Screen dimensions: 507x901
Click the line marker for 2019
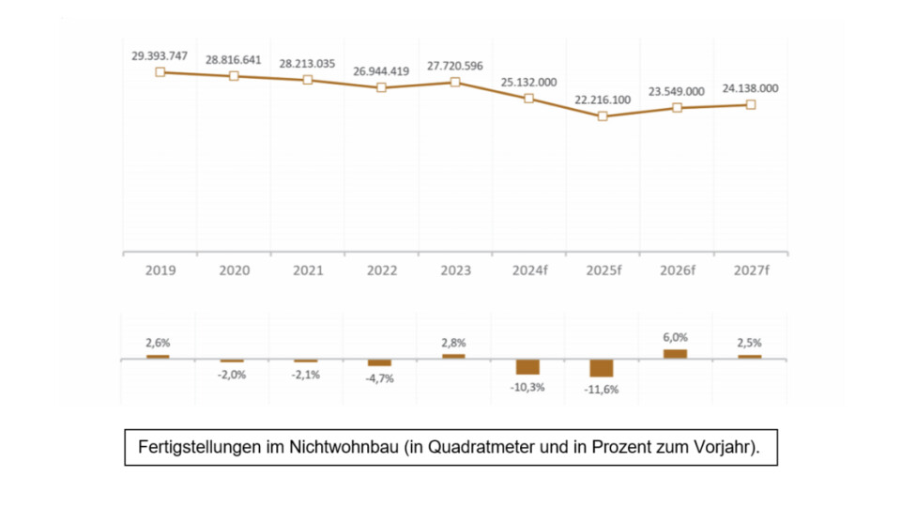[x=160, y=71]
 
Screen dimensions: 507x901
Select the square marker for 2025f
[x=603, y=116]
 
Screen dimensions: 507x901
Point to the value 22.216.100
[x=602, y=100]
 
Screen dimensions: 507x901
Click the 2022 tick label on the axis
[x=381, y=270]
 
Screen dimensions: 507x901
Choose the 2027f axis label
[x=750, y=270]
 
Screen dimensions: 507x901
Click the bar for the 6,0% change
[x=676, y=354]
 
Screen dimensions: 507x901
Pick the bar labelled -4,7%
[x=380, y=362]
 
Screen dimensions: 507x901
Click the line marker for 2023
[x=455, y=82]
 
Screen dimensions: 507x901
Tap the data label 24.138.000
[x=750, y=88]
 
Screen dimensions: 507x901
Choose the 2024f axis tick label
[x=528, y=270]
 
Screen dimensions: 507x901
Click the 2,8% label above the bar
[x=454, y=344]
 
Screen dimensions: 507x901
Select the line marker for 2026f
[x=677, y=108]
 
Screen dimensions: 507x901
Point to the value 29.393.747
[x=160, y=55]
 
